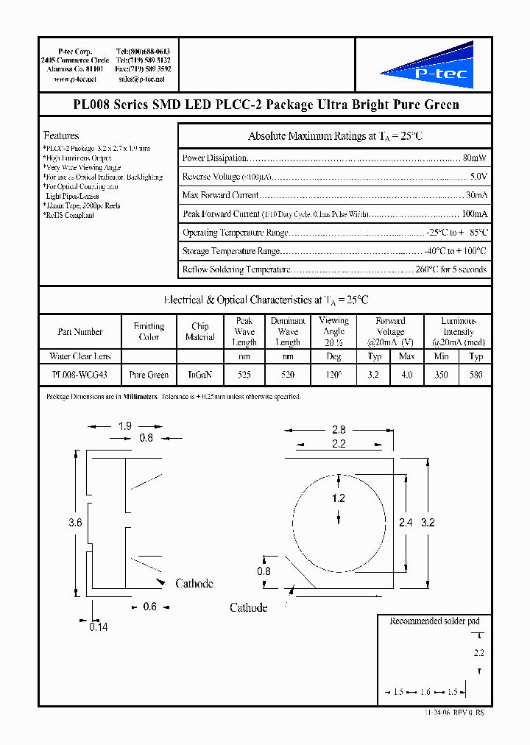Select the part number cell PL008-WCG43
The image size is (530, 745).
79,375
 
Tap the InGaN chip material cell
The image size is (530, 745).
200,375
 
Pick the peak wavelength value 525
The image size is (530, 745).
244,375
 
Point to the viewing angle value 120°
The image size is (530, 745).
334,375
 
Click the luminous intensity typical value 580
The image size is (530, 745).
476,375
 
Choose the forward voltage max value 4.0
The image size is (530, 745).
406,375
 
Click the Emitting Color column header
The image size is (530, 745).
149,331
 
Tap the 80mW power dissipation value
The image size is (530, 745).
475,158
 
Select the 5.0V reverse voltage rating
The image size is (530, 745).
478,177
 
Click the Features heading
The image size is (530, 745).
61,135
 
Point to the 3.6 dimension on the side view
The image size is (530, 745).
74,523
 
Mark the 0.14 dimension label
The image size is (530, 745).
97,627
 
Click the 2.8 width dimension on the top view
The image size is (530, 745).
339,429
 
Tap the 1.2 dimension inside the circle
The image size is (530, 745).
338,498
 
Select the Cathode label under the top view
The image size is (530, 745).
248,607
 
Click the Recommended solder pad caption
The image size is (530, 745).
434,621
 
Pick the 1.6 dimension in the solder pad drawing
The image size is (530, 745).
426,693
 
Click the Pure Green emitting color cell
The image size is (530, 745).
149,375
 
